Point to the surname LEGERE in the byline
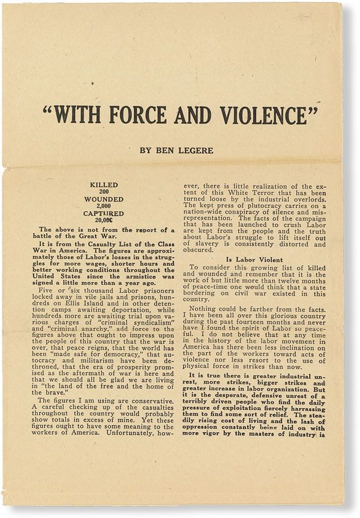click(193, 150)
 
